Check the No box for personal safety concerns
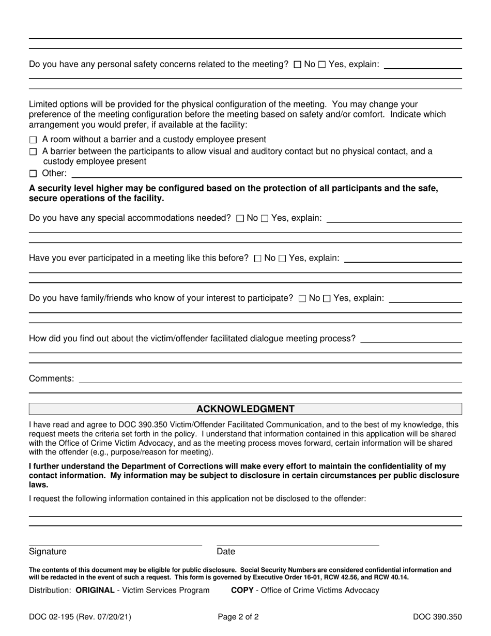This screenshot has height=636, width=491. [x=297, y=65]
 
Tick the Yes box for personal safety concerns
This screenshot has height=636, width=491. [x=322, y=65]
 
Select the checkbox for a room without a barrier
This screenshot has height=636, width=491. [x=34, y=140]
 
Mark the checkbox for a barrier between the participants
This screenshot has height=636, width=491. [x=34, y=152]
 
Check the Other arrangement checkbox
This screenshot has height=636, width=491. [x=34, y=174]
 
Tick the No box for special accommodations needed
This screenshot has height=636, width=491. [x=240, y=218]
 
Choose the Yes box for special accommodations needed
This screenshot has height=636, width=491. [x=265, y=218]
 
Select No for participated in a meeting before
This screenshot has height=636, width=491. [x=258, y=259]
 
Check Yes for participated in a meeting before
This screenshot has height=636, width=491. [x=282, y=259]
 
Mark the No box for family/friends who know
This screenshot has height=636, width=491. [x=302, y=298]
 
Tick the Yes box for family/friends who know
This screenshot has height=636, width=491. [x=327, y=298]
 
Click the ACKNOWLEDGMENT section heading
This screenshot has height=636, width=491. [x=245, y=409]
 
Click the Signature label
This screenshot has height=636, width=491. [x=48, y=552]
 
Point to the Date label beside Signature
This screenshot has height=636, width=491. [x=226, y=552]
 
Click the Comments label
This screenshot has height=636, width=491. [x=51, y=378]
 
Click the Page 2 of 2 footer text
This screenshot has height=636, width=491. [x=238, y=616]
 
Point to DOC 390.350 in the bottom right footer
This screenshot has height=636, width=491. [x=437, y=616]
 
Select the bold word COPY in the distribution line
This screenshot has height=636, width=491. [x=243, y=590]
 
